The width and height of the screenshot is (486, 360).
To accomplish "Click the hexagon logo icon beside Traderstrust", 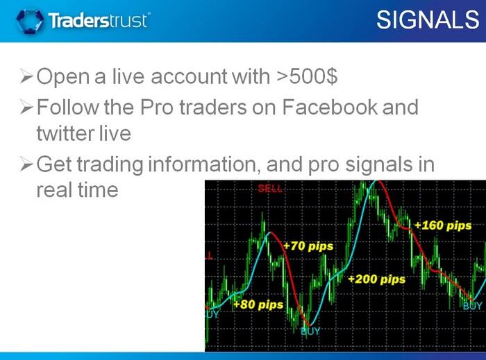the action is (x=30, y=21).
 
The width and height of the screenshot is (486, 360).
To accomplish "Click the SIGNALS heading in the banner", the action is (x=428, y=20).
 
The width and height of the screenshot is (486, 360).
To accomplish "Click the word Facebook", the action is (x=330, y=107).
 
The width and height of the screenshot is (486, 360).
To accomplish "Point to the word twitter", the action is (x=65, y=133).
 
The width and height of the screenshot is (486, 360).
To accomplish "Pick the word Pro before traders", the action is (x=156, y=107).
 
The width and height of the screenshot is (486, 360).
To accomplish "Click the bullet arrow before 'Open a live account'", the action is (x=26, y=76).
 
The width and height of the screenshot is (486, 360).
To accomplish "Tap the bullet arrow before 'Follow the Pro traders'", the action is (x=26, y=107).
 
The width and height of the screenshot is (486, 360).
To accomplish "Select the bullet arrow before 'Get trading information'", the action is (x=26, y=164).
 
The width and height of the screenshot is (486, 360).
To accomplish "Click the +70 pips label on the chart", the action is (x=308, y=246).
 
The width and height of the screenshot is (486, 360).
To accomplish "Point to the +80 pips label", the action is (x=258, y=305).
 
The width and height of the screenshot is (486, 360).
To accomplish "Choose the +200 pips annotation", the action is (x=376, y=280).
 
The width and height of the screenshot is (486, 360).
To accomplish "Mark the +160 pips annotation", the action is (x=443, y=225).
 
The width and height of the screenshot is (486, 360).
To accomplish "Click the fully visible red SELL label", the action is (x=270, y=188).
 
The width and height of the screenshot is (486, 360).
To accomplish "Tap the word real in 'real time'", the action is (x=53, y=190).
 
